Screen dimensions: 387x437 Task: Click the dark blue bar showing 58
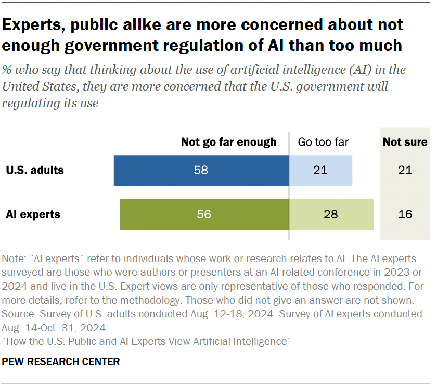tap(201, 170)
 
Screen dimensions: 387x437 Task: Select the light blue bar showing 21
tap(320, 170)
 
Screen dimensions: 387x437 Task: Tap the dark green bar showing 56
tap(204, 214)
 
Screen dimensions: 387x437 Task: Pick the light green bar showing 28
tap(331, 214)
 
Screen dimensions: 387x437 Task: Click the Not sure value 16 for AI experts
tap(405, 214)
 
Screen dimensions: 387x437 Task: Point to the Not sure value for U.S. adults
tap(405, 170)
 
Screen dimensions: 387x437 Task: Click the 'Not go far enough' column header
tap(228, 142)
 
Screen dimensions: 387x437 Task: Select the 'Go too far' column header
tap(323, 142)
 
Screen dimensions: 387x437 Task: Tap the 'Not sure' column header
tap(405, 142)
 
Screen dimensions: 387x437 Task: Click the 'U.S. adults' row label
tap(35, 170)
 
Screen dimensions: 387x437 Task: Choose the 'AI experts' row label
tap(33, 214)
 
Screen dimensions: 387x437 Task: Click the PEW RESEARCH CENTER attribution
tap(61, 362)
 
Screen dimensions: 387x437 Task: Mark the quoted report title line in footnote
tap(146, 341)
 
